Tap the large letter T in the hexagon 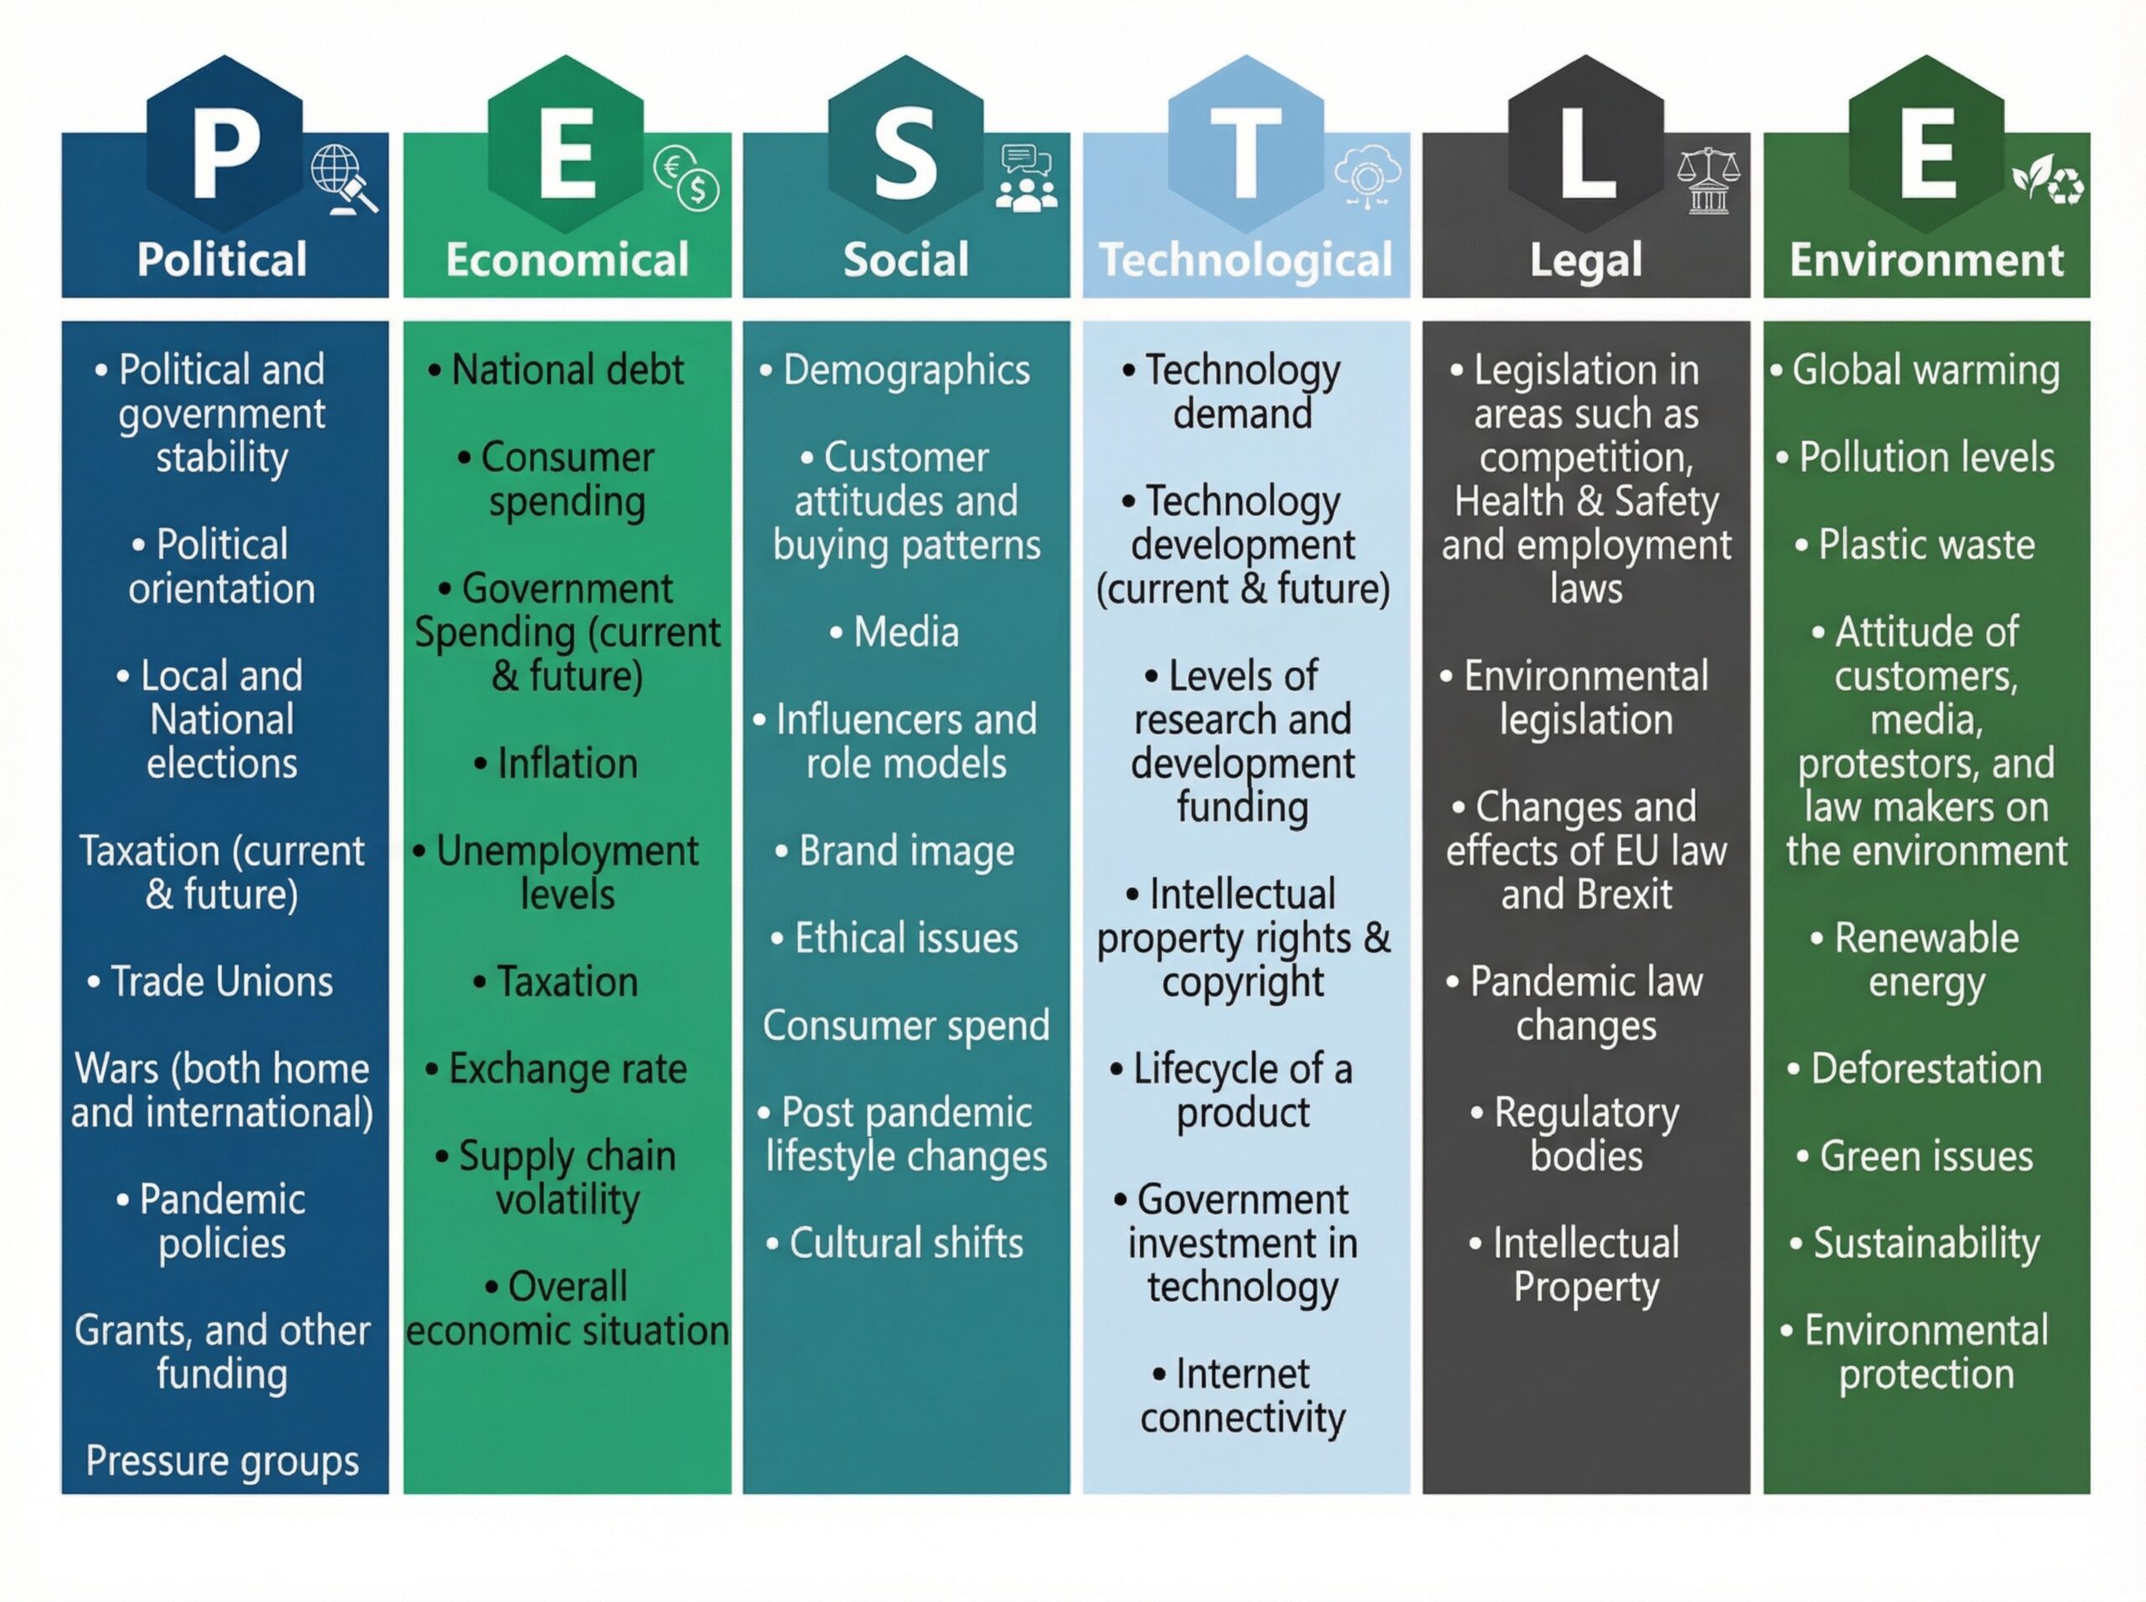1246,153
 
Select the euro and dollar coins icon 687,178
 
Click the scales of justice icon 1708,180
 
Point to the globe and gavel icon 345,179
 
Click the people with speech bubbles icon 1026,178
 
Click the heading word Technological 1245,260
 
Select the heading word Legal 1587,260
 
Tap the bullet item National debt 557,370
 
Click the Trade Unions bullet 210,982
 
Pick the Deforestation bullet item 1915,1069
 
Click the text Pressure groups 222,1462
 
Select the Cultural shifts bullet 895,1243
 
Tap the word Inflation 568,763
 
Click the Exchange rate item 557,1069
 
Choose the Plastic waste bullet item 1915,545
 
